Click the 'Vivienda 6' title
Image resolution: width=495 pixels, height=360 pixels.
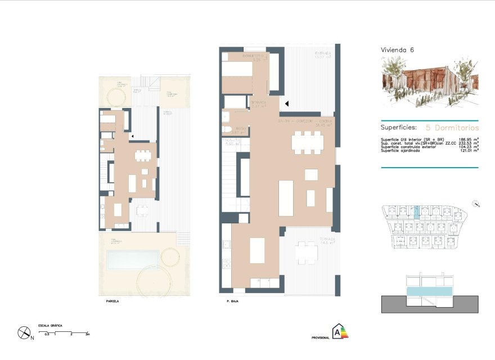[x=398, y=50]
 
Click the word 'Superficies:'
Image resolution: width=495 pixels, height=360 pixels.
[x=398, y=128]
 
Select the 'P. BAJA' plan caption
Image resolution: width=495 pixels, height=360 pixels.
[x=227, y=301]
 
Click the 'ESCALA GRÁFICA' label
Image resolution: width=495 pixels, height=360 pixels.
[x=50, y=326]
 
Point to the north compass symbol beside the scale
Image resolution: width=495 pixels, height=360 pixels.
[x=24, y=333]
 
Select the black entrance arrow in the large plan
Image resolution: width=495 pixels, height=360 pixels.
[x=286, y=103]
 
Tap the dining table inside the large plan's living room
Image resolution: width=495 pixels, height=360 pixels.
[x=307, y=142]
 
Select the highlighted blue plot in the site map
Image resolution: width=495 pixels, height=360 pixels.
[x=417, y=212]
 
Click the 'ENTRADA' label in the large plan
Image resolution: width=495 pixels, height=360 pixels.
[x=322, y=53]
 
